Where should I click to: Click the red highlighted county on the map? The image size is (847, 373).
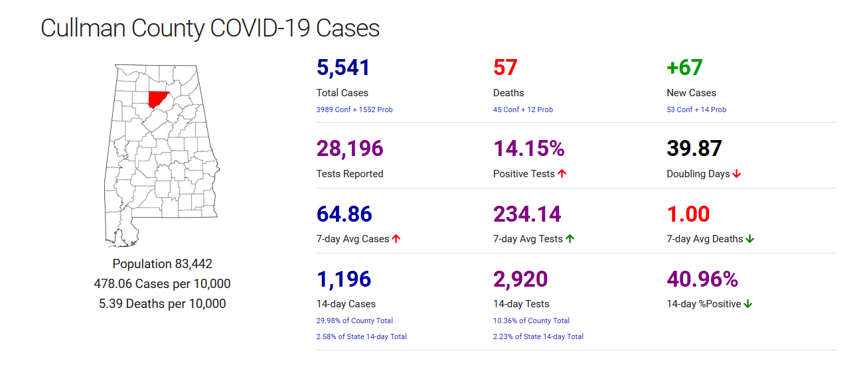pyautogui.click(x=157, y=100)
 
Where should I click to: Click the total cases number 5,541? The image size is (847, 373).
pyautogui.click(x=343, y=68)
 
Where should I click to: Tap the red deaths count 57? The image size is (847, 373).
pyautogui.click(x=505, y=68)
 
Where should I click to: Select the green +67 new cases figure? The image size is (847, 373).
pyautogui.click(x=684, y=68)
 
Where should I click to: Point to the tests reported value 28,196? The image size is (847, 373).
pyautogui.click(x=350, y=149)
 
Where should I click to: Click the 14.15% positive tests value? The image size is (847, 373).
pyautogui.click(x=528, y=149)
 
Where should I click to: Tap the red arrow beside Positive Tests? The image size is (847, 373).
pyautogui.click(x=562, y=174)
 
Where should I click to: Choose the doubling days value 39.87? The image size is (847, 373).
pyautogui.click(x=694, y=149)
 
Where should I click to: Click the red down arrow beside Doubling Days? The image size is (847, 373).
pyautogui.click(x=737, y=174)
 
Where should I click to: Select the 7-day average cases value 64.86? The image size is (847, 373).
pyautogui.click(x=344, y=214)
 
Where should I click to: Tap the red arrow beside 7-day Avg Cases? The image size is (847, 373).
pyautogui.click(x=396, y=239)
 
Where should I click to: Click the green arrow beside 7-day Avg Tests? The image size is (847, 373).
pyautogui.click(x=570, y=239)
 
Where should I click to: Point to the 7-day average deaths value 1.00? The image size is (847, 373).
pyautogui.click(x=688, y=214)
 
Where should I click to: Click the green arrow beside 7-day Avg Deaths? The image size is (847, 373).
pyautogui.click(x=750, y=239)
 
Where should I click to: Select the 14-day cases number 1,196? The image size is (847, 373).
pyautogui.click(x=343, y=279)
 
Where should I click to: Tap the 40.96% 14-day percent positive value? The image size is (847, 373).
pyautogui.click(x=702, y=279)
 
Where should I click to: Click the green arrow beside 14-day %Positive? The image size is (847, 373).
pyautogui.click(x=748, y=304)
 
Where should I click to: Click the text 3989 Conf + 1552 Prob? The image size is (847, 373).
pyautogui.click(x=354, y=110)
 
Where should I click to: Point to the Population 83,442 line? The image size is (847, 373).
pyautogui.click(x=162, y=263)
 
